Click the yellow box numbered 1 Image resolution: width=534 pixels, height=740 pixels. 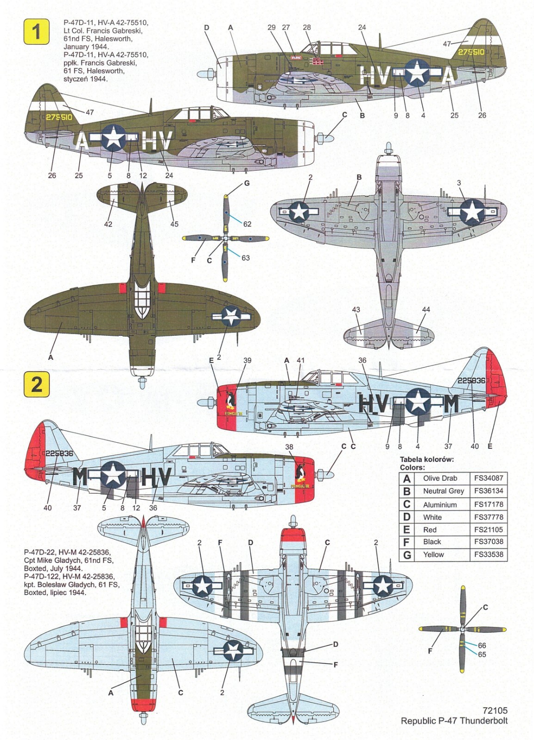[x=36, y=31]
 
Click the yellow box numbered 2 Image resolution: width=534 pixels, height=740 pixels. [x=36, y=384]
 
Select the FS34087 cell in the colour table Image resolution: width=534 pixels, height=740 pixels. [x=488, y=478]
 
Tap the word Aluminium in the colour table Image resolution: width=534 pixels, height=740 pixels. [x=440, y=505]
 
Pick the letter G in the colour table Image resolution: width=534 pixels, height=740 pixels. [x=407, y=555]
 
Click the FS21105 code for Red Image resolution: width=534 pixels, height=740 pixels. [x=488, y=530]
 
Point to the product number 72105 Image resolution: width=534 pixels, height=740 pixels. [x=495, y=710]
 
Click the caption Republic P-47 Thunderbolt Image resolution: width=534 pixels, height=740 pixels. [x=454, y=721]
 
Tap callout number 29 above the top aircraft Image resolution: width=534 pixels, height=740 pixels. [x=271, y=27]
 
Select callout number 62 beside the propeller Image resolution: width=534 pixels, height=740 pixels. [x=247, y=224]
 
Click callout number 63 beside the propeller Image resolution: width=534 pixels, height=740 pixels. [x=246, y=258]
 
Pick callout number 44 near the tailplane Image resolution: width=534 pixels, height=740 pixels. [x=426, y=309]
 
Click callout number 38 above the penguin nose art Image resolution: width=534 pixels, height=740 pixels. [x=289, y=447]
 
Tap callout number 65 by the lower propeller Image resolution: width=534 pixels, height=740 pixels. [x=482, y=654]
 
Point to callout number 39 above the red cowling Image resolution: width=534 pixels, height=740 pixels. [x=247, y=360]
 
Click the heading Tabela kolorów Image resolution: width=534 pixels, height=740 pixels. [x=427, y=459]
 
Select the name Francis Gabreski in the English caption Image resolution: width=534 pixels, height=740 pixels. [x=111, y=31]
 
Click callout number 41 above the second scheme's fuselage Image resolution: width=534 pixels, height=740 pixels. [x=301, y=360]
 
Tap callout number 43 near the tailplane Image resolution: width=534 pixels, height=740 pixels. [x=356, y=309]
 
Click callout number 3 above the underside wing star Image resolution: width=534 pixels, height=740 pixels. [x=459, y=183]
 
